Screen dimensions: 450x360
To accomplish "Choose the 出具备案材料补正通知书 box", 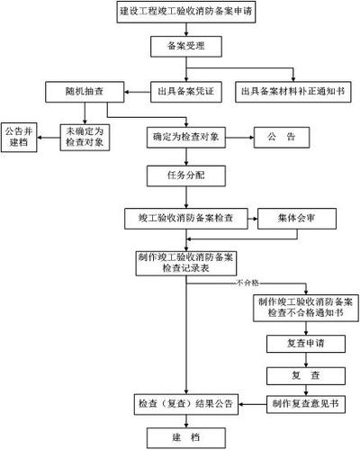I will tap(295, 92).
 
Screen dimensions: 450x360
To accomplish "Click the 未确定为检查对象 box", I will tap(84, 137).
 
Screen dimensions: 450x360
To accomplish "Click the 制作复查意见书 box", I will tap(304, 405).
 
